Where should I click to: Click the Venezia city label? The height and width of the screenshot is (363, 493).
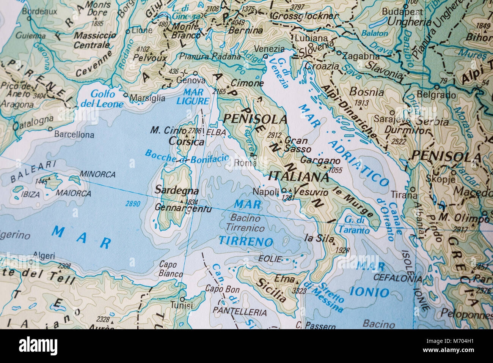click(x=270, y=49)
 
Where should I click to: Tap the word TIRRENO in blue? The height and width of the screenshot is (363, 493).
click(x=246, y=241)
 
